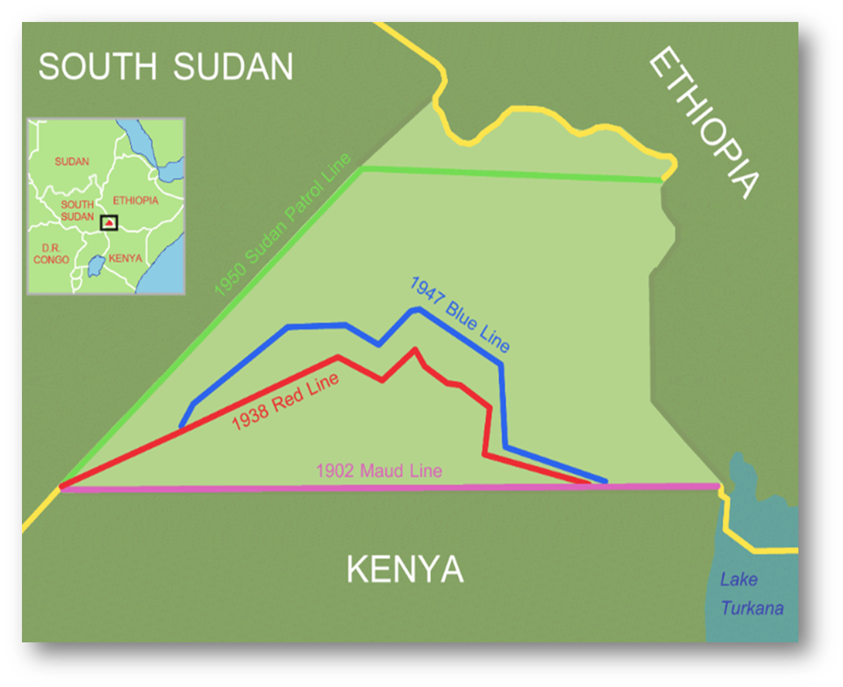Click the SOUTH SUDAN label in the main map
point(165,67)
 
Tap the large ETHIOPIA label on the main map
point(704,124)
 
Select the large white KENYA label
point(405,570)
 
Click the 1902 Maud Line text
point(378,471)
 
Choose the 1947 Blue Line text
point(460,314)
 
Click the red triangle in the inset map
point(108,223)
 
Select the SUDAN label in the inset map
point(72,161)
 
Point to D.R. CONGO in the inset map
point(51,253)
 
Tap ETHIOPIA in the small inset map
point(135,201)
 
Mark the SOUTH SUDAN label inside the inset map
point(77,210)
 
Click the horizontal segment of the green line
point(508,174)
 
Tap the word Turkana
point(752,608)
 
